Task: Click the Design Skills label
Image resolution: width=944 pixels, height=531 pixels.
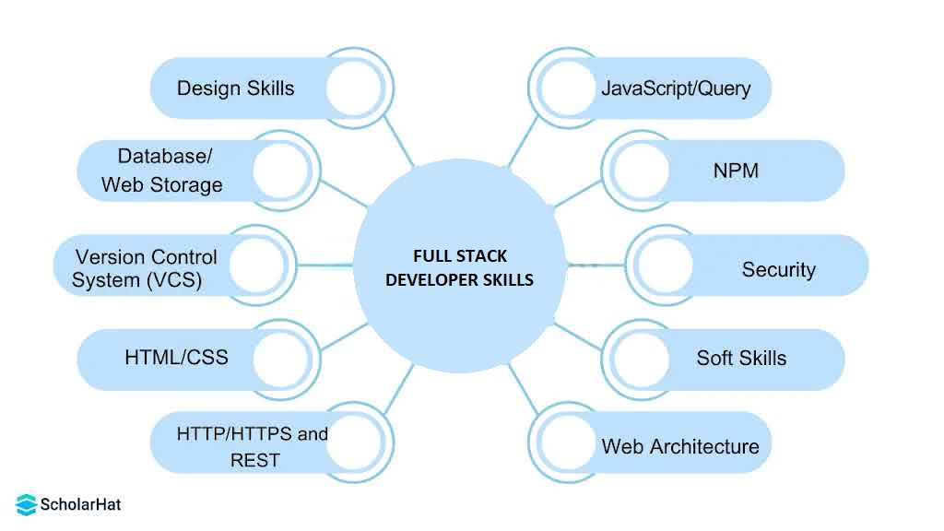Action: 235,88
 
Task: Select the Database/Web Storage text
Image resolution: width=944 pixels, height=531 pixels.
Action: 162,171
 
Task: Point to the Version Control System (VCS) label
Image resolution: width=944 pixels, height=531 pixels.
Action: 145,268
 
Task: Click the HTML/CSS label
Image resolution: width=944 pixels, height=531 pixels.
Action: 176,357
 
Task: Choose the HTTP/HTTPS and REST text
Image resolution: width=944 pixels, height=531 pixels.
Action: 252,446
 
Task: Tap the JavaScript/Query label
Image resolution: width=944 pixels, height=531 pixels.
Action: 676,88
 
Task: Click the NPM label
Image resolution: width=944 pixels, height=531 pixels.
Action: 736,171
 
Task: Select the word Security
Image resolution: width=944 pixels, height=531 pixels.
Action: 778,269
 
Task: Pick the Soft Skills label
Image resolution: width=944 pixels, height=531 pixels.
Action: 741,358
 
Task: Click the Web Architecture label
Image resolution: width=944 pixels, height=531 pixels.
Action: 680,446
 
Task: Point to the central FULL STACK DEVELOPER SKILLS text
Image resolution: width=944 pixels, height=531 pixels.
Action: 459,267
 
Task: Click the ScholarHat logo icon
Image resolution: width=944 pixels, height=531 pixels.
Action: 26,504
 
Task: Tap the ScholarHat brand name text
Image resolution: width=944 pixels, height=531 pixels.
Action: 80,504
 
